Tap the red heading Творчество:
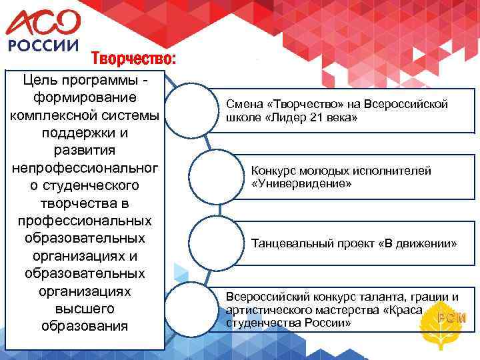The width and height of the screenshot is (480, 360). click(x=133, y=59)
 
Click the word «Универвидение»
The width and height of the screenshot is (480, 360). click(x=301, y=183)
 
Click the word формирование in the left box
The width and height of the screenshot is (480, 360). click(x=84, y=97)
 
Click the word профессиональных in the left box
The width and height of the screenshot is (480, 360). click(x=84, y=219)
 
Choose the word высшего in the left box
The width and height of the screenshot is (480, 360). click(x=84, y=309)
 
